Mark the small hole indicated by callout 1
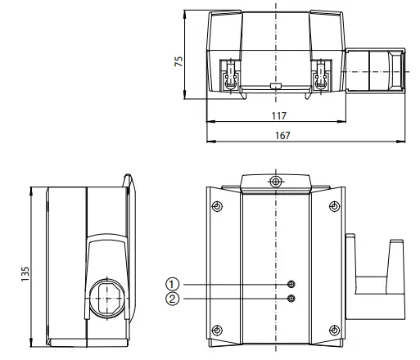click(x=291, y=283)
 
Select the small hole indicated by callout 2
click(x=291, y=298)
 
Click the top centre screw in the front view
click(x=276, y=181)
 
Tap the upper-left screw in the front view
click(x=216, y=205)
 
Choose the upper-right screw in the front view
click(x=336, y=205)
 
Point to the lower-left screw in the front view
click(x=216, y=330)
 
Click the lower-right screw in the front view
click(x=336, y=330)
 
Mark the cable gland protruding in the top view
click(x=374, y=70)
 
